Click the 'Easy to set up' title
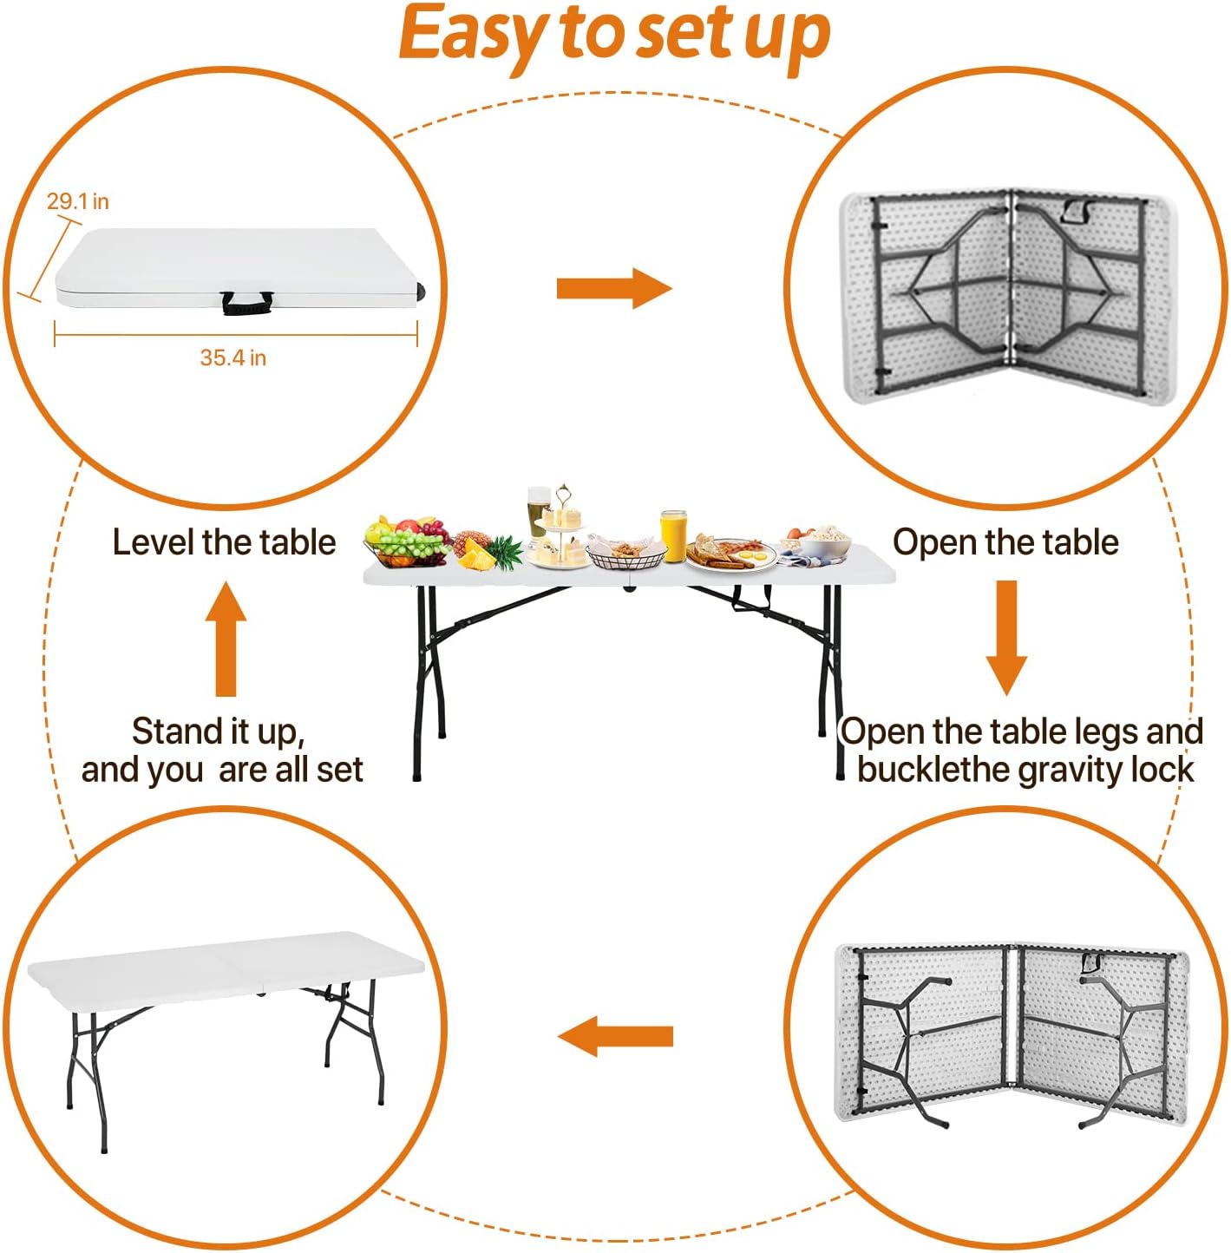(614, 35)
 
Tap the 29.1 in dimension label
(77, 201)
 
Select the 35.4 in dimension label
(232, 358)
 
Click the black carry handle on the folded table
(246, 303)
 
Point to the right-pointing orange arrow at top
(613, 288)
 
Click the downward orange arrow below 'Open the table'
(1006, 638)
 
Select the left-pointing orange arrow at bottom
(615, 1036)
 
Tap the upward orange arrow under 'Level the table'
(226, 640)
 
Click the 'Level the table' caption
(224, 542)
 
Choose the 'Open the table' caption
(1005, 542)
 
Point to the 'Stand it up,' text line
(218, 731)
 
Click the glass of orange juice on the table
(673, 535)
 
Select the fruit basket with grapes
(405, 544)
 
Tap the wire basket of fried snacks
(626, 554)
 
